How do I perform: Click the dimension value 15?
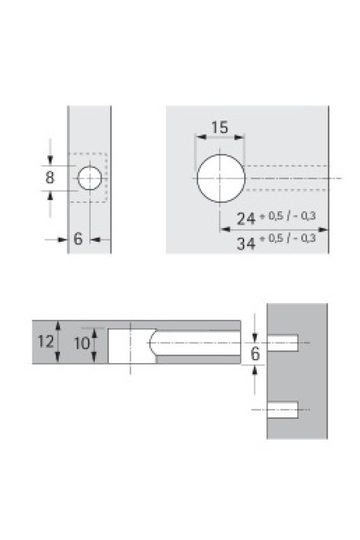pos(220,127)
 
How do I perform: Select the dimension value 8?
pos(50,178)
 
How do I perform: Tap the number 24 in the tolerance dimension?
pos(246,218)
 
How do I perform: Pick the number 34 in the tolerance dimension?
pos(246,244)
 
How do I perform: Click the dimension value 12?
pos(46,341)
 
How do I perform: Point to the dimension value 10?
pos(82,343)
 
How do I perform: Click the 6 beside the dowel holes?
pos(255,353)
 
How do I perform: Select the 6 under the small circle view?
pos(78,238)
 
